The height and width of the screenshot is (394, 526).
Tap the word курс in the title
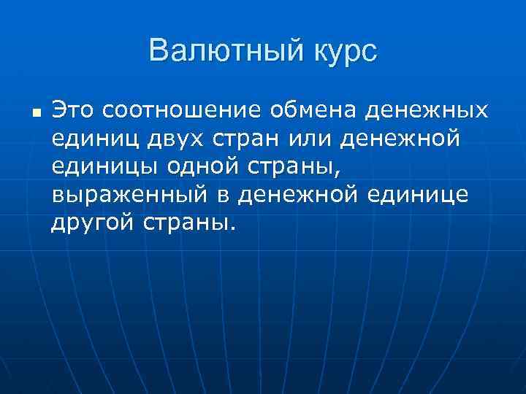341,52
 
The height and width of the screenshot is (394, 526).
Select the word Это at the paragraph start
74,110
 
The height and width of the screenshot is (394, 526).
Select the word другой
92,223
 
